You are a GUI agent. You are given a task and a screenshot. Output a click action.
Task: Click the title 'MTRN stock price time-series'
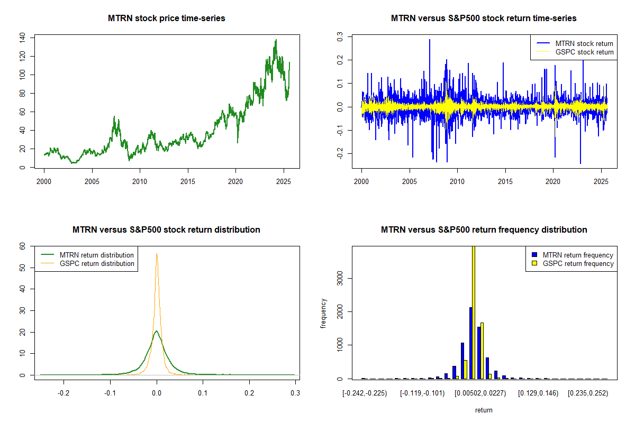pyautogui.click(x=167, y=19)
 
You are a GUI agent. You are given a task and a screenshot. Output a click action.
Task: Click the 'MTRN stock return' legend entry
pyautogui.click(x=584, y=43)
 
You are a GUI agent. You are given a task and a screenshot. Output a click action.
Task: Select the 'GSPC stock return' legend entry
pyautogui.click(x=584, y=52)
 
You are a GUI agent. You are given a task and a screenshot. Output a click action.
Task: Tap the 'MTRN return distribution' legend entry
pyautogui.click(x=96, y=255)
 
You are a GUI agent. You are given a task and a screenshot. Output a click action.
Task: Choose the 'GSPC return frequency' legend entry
pyautogui.click(x=578, y=263)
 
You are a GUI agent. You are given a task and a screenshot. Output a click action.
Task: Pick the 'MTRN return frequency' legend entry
pyautogui.click(x=578, y=255)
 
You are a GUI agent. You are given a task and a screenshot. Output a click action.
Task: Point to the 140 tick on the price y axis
pyautogui.click(x=22, y=38)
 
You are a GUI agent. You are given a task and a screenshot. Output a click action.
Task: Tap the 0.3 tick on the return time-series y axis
pyautogui.click(x=340, y=37)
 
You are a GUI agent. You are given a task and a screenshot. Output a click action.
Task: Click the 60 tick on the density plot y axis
pyautogui.click(x=22, y=246)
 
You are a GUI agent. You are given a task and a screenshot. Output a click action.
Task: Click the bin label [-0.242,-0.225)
pyautogui.click(x=365, y=393)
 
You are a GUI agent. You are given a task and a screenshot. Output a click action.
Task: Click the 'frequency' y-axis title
pyautogui.click(x=323, y=313)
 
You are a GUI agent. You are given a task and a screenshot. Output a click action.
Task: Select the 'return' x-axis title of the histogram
pyautogui.click(x=484, y=409)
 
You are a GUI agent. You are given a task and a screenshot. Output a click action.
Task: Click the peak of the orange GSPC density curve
pyautogui.click(x=157, y=254)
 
